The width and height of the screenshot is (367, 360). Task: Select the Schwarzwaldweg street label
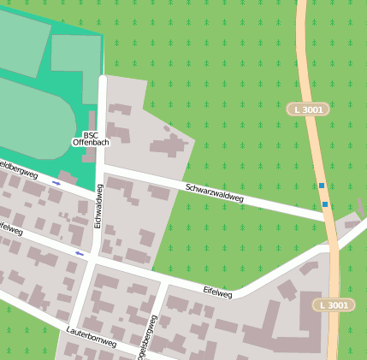tap(214, 192)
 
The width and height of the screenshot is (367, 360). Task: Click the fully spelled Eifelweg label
tap(217, 291)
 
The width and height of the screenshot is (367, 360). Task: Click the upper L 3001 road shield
tap(306, 110)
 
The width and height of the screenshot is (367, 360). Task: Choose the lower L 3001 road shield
tap(331, 305)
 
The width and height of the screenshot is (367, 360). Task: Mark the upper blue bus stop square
tap(322, 186)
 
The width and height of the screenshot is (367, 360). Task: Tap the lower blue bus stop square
tap(325, 204)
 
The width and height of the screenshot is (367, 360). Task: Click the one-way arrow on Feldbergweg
tap(56, 183)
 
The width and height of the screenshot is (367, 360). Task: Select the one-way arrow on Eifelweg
tap(80, 253)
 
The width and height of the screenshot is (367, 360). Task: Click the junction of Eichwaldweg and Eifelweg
tap(93, 256)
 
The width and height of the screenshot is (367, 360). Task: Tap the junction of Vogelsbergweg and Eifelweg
tap(160, 281)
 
